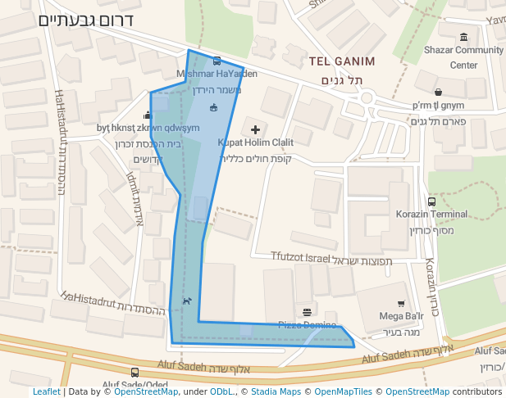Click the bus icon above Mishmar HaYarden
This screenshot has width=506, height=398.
[x=217, y=61]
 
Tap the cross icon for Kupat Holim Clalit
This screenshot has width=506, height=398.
[x=255, y=129]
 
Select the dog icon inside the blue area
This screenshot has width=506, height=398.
[x=187, y=301]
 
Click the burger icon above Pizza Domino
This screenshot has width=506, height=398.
[x=307, y=312]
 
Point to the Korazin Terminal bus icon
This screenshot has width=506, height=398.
[x=431, y=201]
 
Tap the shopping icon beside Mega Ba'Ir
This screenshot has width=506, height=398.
[x=401, y=304]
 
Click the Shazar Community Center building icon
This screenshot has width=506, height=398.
[x=464, y=37]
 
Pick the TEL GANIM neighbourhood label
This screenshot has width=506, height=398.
[x=342, y=61]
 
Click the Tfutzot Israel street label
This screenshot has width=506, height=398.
[x=300, y=257]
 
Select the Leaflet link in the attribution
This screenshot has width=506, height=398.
[x=47, y=391]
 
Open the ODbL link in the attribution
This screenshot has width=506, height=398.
[x=221, y=391]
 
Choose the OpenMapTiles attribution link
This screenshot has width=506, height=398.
[x=344, y=391]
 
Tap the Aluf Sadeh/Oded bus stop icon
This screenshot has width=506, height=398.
[x=134, y=372]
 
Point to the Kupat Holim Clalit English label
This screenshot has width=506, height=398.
[x=255, y=142]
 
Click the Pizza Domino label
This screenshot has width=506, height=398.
[x=307, y=324]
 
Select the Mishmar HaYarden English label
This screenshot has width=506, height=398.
[x=217, y=74]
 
